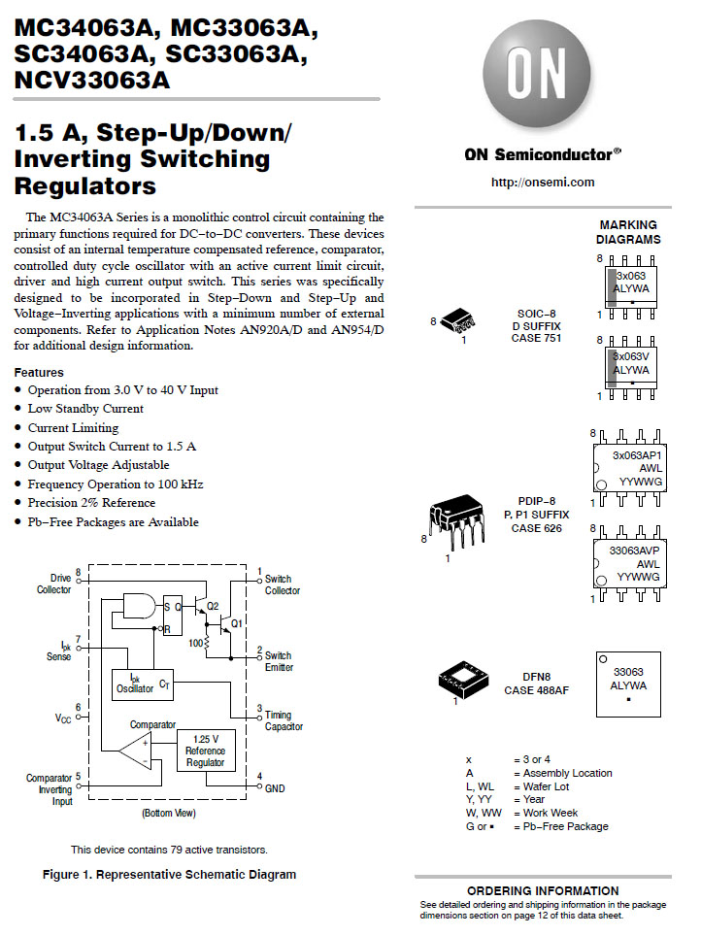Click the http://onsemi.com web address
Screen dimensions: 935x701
click(543, 182)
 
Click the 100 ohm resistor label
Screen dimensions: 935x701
click(195, 643)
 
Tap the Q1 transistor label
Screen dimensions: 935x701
click(236, 621)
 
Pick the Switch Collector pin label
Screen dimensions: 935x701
click(283, 585)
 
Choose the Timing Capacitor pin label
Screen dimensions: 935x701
click(284, 720)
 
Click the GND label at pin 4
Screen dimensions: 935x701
click(275, 788)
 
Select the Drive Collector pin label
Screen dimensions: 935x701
click(54, 584)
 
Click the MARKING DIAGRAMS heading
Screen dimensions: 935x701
click(627, 232)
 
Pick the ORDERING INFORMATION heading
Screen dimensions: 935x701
click(543, 890)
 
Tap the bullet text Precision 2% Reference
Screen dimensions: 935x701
click(91, 503)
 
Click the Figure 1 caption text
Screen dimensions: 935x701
click(169, 874)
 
